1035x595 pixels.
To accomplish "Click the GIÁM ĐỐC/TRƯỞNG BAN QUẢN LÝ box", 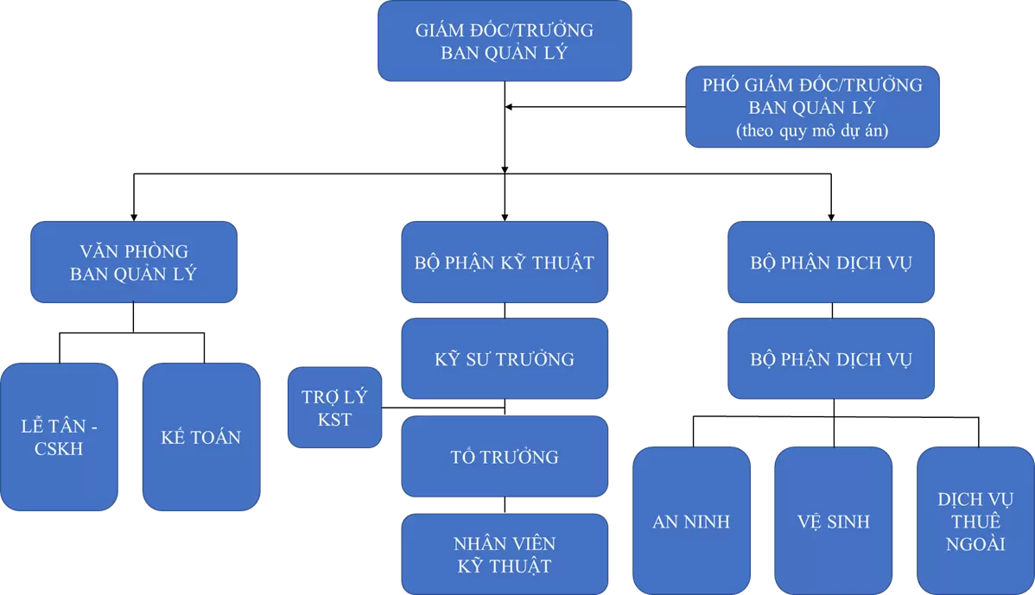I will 505,41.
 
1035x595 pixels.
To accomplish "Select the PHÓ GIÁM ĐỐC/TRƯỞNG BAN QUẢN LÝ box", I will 812,107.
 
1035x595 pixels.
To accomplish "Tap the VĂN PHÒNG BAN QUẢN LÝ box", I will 134,263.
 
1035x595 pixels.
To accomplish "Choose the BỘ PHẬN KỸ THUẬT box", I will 505,263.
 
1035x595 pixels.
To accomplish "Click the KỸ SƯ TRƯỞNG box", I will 505,358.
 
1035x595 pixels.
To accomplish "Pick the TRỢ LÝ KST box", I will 334,408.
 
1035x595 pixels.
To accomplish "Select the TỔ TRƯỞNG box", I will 505,457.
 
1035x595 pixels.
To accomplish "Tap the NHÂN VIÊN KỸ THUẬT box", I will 505,554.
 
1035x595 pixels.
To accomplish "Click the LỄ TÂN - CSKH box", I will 59,437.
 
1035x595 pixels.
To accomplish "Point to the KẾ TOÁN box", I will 201,437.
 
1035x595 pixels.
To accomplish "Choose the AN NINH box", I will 691,522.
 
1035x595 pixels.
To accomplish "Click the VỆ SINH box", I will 834,522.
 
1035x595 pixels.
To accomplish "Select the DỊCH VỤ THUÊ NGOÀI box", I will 975,522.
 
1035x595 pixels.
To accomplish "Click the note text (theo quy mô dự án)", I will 812,132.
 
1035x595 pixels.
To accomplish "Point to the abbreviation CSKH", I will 59,449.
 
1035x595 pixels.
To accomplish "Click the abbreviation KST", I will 334,420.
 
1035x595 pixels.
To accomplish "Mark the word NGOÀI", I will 975,544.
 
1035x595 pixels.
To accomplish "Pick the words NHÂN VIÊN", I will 505,544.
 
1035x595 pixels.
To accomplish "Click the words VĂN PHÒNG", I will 134,252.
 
